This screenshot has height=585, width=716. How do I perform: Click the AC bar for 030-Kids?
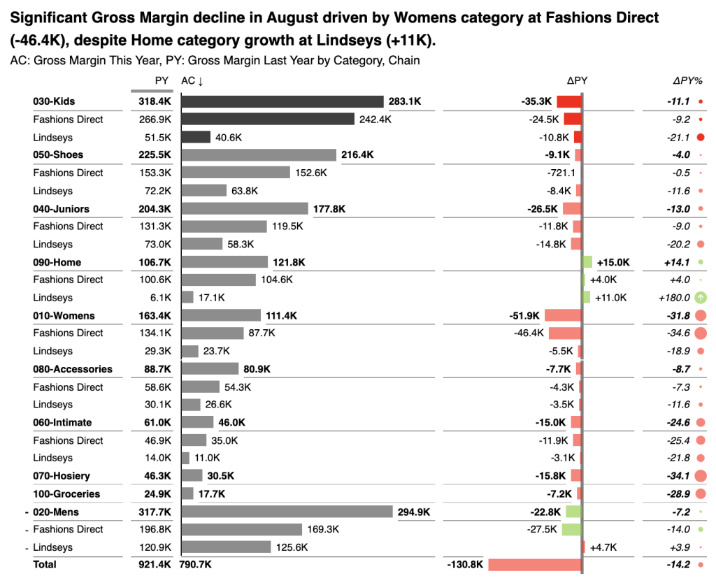(x=282, y=101)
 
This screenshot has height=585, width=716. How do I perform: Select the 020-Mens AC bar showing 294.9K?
(x=287, y=512)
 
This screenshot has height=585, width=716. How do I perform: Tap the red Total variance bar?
(x=534, y=564)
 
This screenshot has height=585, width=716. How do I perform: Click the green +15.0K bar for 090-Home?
(x=587, y=262)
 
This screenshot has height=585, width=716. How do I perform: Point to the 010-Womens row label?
(x=64, y=316)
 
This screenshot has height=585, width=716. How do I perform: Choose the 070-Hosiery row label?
(x=62, y=476)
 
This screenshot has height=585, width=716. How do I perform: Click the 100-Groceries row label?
(x=66, y=493)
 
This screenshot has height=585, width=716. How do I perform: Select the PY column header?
(x=162, y=81)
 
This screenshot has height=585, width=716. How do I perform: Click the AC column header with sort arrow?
(x=192, y=81)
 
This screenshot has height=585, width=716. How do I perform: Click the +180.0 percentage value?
(x=674, y=298)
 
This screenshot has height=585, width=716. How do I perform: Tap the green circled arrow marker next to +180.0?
(x=700, y=298)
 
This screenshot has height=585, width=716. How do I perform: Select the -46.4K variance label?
(x=528, y=333)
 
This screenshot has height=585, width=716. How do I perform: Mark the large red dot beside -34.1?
(x=700, y=476)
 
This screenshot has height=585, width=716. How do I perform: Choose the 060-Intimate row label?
(x=62, y=422)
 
